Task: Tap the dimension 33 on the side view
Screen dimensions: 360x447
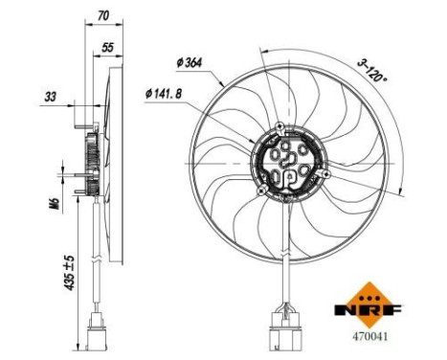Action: point(50,97)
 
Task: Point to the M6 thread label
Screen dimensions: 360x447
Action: point(55,204)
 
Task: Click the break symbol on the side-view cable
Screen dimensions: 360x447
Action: point(98,259)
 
